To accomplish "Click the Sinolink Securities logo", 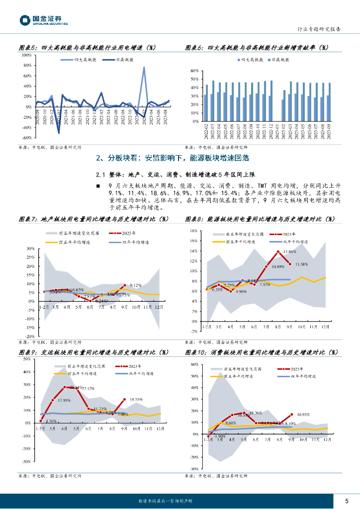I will (x=44, y=20).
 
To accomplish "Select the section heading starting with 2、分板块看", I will (x=172, y=158).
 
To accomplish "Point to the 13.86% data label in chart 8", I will (x=293, y=252).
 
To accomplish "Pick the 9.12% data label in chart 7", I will (x=136, y=285).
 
